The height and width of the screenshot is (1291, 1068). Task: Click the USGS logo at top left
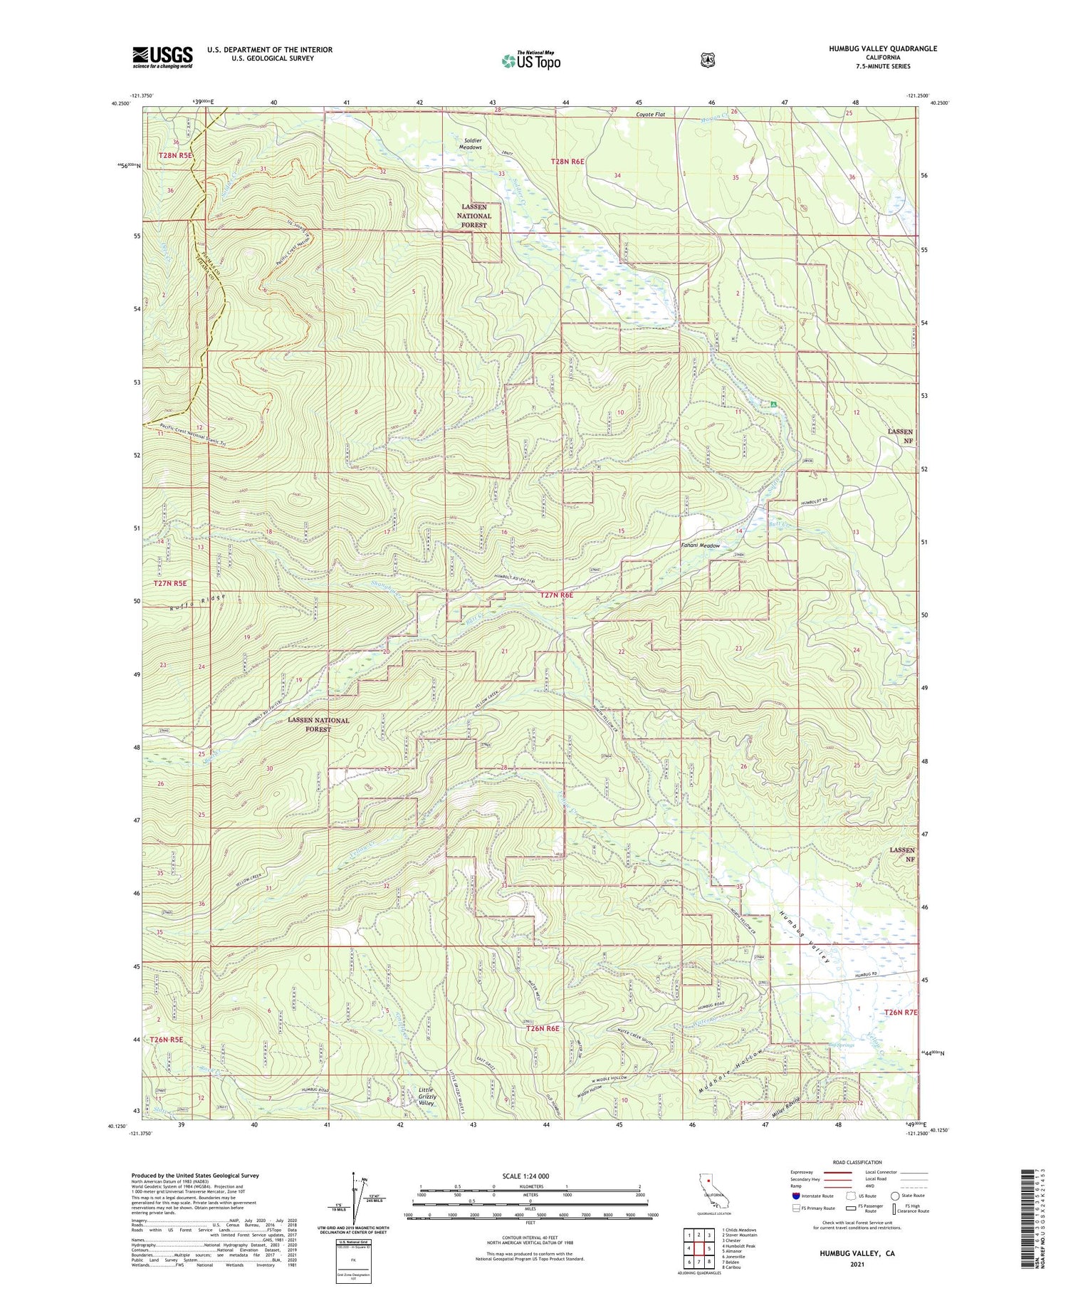[162, 58]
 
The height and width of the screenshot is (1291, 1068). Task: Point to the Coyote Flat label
[650, 114]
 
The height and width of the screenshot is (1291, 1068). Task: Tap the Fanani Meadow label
[701, 545]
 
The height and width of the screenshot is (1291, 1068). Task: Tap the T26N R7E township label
[901, 1012]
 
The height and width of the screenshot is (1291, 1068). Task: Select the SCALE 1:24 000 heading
[530, 1176]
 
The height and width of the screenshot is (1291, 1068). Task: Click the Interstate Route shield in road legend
[796, 1196]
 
